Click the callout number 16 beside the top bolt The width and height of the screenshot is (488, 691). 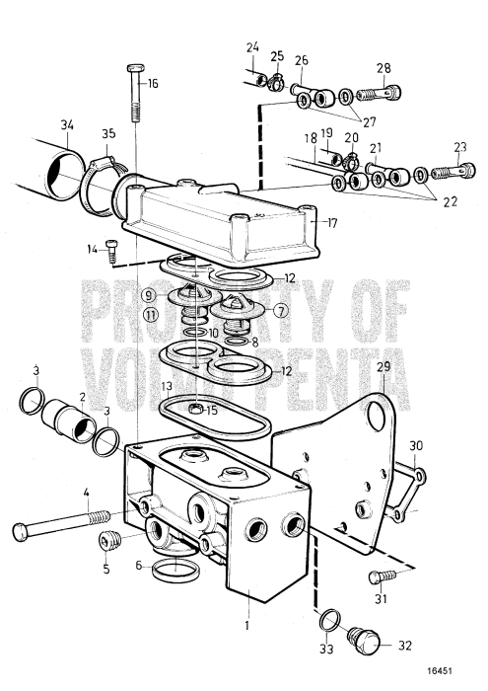click(x=153, y=83)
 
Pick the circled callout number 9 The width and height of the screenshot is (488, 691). click(x=148, y=294)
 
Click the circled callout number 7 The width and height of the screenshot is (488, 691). click(x=281, y=309)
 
